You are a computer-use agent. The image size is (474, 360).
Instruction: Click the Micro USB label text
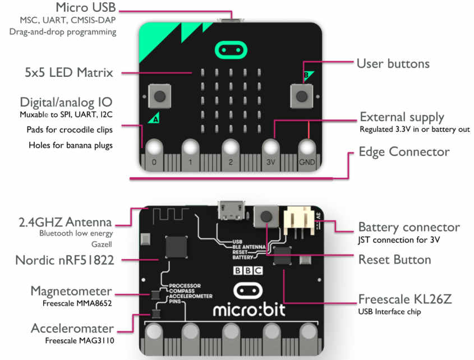tap(86, 8)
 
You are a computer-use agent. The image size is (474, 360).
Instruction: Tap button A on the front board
tap(160, 96)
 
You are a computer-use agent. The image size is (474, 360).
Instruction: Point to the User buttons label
tap(393, 63)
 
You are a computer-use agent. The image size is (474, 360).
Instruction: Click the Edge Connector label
tap(404, 152)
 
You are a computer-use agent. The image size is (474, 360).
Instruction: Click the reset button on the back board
tap(266, 216)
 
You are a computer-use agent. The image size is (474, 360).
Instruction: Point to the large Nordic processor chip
tap(177, 247)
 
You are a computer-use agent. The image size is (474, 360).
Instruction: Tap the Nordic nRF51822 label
tap(66, 260)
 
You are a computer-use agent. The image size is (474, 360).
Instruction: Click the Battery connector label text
tap(408, 228)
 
